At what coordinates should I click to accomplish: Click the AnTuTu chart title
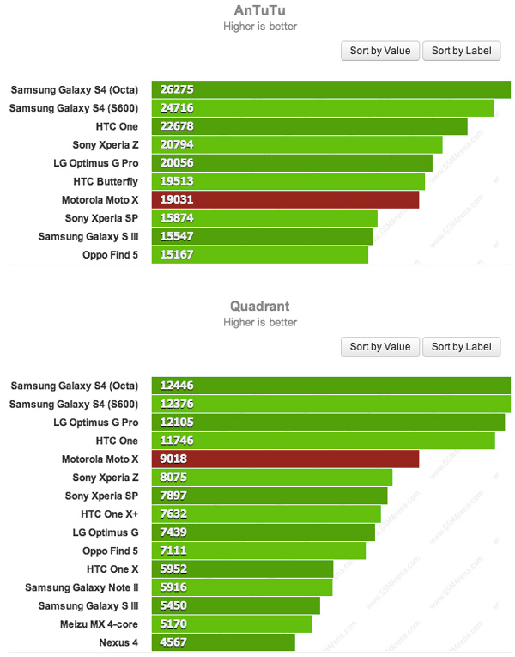coord(260,11)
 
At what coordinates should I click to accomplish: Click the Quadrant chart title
coord(260,306)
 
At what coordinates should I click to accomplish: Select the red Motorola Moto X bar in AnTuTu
coord(285,199)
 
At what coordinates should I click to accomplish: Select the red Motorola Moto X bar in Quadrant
coord(285,459)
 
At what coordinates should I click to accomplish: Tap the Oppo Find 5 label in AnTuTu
coord(110,255)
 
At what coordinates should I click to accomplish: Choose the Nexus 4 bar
coord(223,642)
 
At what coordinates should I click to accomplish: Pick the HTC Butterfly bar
coord(288,181)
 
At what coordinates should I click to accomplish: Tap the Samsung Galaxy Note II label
coord(82,587)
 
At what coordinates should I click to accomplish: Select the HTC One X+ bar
coord(266,514)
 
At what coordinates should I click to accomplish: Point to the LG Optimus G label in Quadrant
coord(106,532)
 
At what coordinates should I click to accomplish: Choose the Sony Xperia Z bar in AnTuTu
coord(297,144)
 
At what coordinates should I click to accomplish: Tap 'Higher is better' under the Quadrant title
coord(260,322)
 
